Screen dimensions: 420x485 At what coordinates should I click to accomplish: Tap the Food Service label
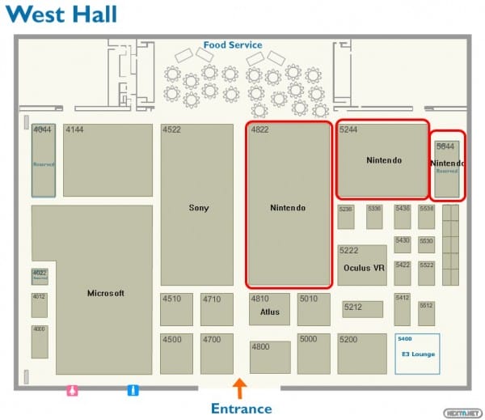click(233, 45)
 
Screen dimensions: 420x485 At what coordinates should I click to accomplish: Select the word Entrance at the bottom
click(241, 408)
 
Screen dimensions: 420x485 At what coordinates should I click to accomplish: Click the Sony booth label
click(199, 208)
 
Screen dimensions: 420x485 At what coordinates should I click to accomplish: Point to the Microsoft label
click(106, 293)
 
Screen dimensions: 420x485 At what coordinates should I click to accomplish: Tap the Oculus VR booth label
click(363, 268)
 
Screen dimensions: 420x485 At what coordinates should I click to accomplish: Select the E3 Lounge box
click(417, 353)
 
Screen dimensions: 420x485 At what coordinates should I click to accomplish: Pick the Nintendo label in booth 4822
click(288, 208)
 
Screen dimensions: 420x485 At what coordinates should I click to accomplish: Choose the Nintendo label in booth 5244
click(383, 160)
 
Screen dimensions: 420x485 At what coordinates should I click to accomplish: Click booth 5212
click(363, 308)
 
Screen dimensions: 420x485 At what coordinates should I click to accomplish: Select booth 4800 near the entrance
click(270, 357)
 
